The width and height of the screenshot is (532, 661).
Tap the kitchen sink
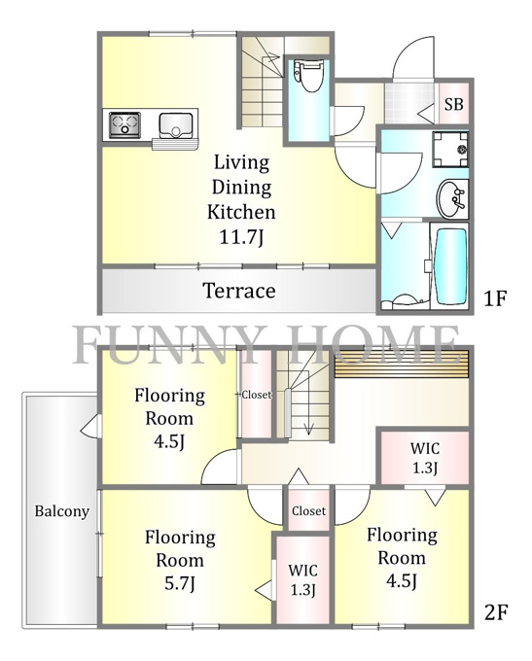pos(175,125)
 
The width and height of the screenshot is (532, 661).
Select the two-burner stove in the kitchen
pos(124,124)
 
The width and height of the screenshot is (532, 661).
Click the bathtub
pos(450,267)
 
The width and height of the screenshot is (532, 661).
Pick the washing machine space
pos(450,149)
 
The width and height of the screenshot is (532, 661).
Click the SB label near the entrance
pos(454,104)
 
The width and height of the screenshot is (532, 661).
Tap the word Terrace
pos(239,291)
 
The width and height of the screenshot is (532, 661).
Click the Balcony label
pos(61,511)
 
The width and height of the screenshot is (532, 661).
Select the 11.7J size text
pos(241,237)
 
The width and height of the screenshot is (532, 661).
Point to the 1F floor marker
pos(494,298)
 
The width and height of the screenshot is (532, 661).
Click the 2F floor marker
pos(495,612)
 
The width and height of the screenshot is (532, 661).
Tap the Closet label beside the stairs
pos(256,395)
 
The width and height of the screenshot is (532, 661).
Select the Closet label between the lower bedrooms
pos(309,511)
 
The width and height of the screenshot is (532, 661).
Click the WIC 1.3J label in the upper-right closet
pos(425,458)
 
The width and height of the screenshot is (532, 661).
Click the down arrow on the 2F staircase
pos(309,427)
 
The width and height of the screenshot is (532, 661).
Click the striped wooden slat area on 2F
pos(402,365)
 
